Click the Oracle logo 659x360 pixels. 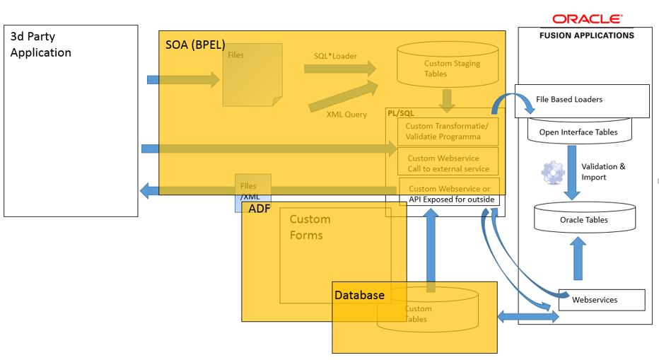[587, 19]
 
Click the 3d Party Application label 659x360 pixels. [40, 45]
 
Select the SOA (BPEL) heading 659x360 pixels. [190, 45]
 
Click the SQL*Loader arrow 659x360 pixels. [339, 69]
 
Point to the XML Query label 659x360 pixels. [346, 114]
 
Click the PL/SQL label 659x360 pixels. [400, 112]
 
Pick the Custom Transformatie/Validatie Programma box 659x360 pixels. [448, 132]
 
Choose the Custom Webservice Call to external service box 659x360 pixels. [448, 163]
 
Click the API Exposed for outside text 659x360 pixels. [451, 199]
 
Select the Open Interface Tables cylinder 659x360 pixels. [578, 132]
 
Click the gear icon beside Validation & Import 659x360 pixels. [553, 172]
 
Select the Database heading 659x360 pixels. [359, 295]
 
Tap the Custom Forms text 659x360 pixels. [310, 227]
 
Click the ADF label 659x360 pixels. [259, 209]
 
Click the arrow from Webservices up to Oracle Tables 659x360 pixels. [578, 259]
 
